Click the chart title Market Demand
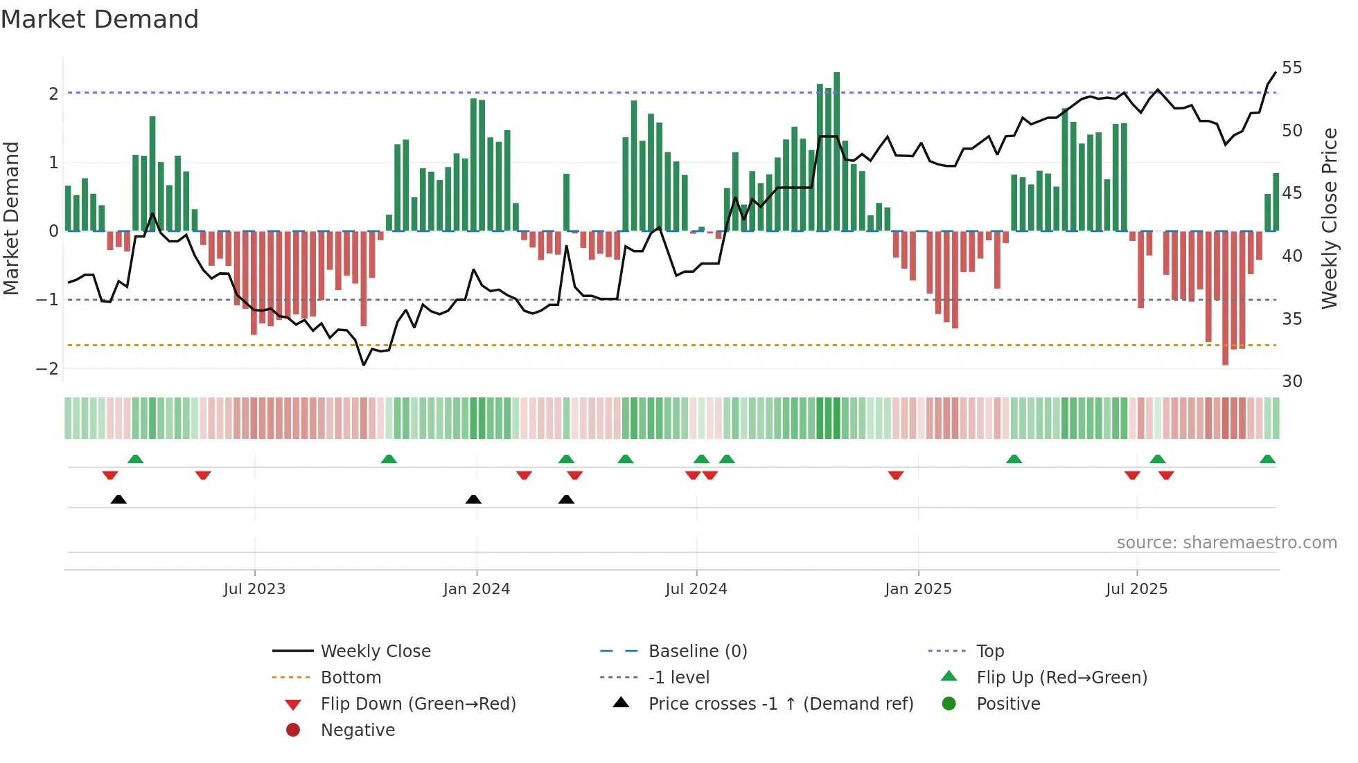pyautogui.click(x=100, y=19)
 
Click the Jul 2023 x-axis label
pyautogui.click(x=254, y=589)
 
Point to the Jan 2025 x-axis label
pyautogui.click(x=918, y=589)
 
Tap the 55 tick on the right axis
pyautogui.click(x=1291, y=68)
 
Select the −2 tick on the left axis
pyautogui.click(x=47, y=368)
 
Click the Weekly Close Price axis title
pyautogui.click(x=1329, y=218)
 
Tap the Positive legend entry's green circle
pyautogui.click(x=949, y=704)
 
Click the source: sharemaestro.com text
pyautogui.click(x=1226, y=543)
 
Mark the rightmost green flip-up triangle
pyautogui.click(x=1267, y=460)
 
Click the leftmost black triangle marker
pyautogui.click(x=118, y=500)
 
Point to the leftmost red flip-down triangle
pyautogui.click(x=109, y=475)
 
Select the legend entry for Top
pyautogui.click(x=989, y=652)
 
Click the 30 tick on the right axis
pyautogui.click(x=1291, y=381)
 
